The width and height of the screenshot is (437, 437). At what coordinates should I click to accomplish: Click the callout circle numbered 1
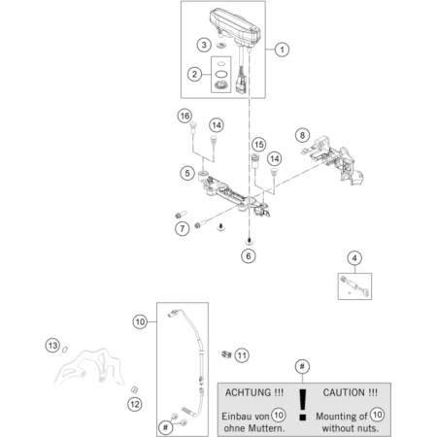283,48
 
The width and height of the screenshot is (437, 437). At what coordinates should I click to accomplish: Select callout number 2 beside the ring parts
195,75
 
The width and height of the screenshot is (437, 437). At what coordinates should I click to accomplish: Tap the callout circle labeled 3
203,45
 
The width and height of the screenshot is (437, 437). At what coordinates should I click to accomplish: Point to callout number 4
355,257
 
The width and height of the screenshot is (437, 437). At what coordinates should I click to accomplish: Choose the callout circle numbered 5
185,173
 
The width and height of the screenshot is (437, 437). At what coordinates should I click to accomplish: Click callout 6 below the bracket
249,256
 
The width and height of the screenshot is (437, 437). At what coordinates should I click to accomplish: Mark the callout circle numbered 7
182,229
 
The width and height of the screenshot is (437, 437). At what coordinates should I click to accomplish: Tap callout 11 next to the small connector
243,354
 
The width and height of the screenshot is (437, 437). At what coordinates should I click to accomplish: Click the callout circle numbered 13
52,345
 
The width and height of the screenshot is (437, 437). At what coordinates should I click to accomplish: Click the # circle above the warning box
303,366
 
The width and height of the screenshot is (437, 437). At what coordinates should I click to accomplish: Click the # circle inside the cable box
168,425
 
